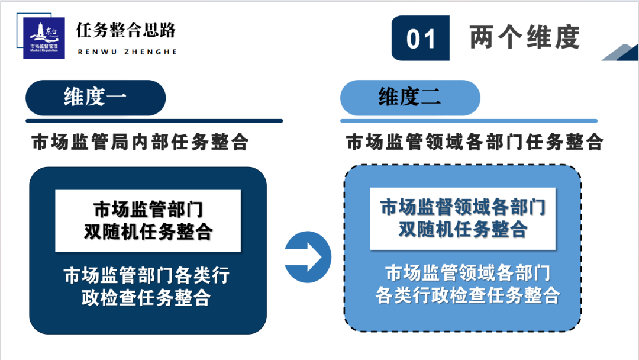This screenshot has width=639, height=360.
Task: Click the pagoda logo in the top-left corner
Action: (44, 38)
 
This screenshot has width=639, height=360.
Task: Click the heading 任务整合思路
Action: (126, 30)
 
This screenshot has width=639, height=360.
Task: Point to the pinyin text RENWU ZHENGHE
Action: (128, 52)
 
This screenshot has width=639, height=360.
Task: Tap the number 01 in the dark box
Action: (421, 39)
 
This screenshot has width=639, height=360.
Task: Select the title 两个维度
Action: (524, 37)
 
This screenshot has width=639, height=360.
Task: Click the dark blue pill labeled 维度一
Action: (96, 98)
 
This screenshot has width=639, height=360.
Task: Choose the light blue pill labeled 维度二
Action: (411, 98)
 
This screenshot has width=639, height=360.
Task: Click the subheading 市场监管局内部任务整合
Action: (140, 142)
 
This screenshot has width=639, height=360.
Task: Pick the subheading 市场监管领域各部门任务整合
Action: (475, 142)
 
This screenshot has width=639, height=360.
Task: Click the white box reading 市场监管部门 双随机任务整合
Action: (148, 221)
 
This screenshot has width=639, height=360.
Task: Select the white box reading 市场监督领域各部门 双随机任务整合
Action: (463, 218)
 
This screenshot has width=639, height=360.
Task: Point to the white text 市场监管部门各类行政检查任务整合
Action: (147, 286)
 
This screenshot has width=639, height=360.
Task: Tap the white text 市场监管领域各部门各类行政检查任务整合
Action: (468, 284)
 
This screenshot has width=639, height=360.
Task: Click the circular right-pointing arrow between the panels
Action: (308, 257)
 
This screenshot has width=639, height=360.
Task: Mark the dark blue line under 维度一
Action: (154, 121)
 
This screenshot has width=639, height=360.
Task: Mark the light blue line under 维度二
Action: (469, 121)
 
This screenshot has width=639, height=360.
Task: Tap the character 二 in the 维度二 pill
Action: (431, 98)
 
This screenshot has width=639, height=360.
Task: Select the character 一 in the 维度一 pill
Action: (117, 98)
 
